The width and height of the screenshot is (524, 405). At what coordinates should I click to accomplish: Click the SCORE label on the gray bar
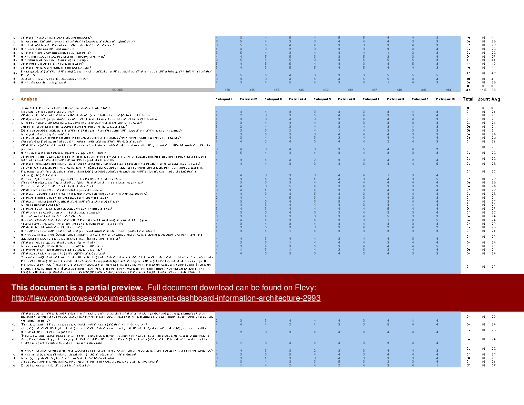click(x=118, y=90)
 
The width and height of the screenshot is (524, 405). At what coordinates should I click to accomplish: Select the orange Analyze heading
click(x=29, y=99)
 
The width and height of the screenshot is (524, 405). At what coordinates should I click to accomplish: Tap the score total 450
click(x=227, y=90)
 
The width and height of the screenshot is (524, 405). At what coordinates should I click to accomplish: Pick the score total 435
click(x=252, y=90)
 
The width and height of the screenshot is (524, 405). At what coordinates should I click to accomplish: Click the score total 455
click(x=276, y=90)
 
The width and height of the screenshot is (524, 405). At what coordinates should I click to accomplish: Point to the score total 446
click(x=301, y=90)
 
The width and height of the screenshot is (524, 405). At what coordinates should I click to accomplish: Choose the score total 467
click(x=374, y=90)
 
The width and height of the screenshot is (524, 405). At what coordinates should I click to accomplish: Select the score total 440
click(x=399, y=90)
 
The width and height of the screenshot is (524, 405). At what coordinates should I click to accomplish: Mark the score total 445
click(x=423, y=90)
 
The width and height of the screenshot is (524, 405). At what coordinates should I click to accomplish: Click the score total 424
click(x=448, y=90)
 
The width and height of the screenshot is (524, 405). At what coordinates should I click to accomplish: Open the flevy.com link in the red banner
click(x=166, y=298)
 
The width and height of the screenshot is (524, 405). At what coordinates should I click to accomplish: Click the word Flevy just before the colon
click(x=305, y=288)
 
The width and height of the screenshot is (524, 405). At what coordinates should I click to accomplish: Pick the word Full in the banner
click(x=155, y=288)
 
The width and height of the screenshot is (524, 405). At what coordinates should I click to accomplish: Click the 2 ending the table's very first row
click(x=437, y=38)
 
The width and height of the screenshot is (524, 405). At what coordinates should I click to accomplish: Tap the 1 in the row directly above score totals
click(x=388, y=82)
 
